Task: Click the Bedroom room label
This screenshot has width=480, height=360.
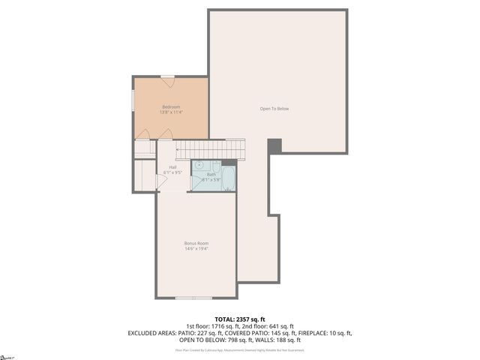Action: click(171, 106)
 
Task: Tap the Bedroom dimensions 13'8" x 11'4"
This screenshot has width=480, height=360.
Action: click(171, 112)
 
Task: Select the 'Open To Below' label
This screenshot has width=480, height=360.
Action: click(274, 109)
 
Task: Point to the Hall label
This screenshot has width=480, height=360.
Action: click(172, 166)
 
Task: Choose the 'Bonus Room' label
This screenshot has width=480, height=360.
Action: click(196, 243)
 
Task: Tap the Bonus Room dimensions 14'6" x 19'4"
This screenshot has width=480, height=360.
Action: click(196, 249)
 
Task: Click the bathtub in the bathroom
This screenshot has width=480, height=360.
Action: click(228, 178)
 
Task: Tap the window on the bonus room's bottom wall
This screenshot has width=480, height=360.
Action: click(194, 298)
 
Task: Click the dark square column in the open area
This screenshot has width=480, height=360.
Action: click(274, 145)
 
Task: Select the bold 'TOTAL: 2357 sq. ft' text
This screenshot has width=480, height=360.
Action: click(240, 319)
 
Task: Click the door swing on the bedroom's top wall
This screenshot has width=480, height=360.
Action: click(168, 77)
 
